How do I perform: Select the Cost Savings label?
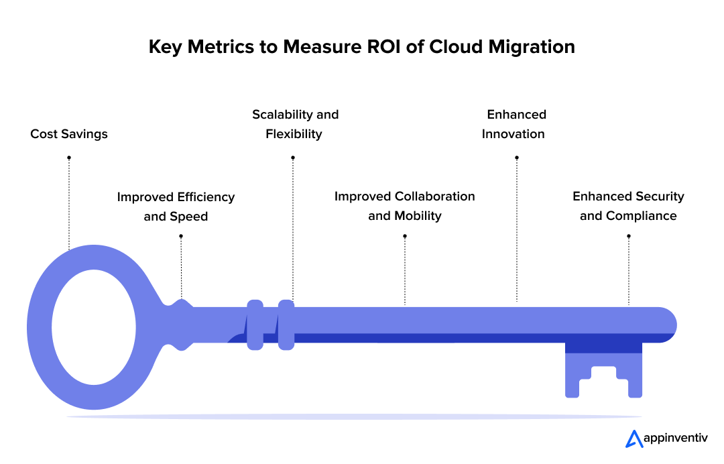click(69, 134)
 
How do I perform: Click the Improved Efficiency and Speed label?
click(176, 207)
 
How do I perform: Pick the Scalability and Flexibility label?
click(295, 124)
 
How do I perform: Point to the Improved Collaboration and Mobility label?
click(404, 207)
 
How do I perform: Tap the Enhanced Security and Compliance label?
click(628, 207)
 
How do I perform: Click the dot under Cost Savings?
click(69, 158)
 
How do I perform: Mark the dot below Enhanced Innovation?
click(516, 158)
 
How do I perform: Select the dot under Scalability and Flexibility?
click(293, 158)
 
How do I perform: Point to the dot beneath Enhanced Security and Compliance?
click(628, 236)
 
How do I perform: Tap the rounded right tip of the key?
click(667, 325)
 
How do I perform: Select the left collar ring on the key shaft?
click(255, 325)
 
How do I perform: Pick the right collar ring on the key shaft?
click(286, 325)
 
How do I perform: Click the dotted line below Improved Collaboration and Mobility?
click(405, 272)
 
